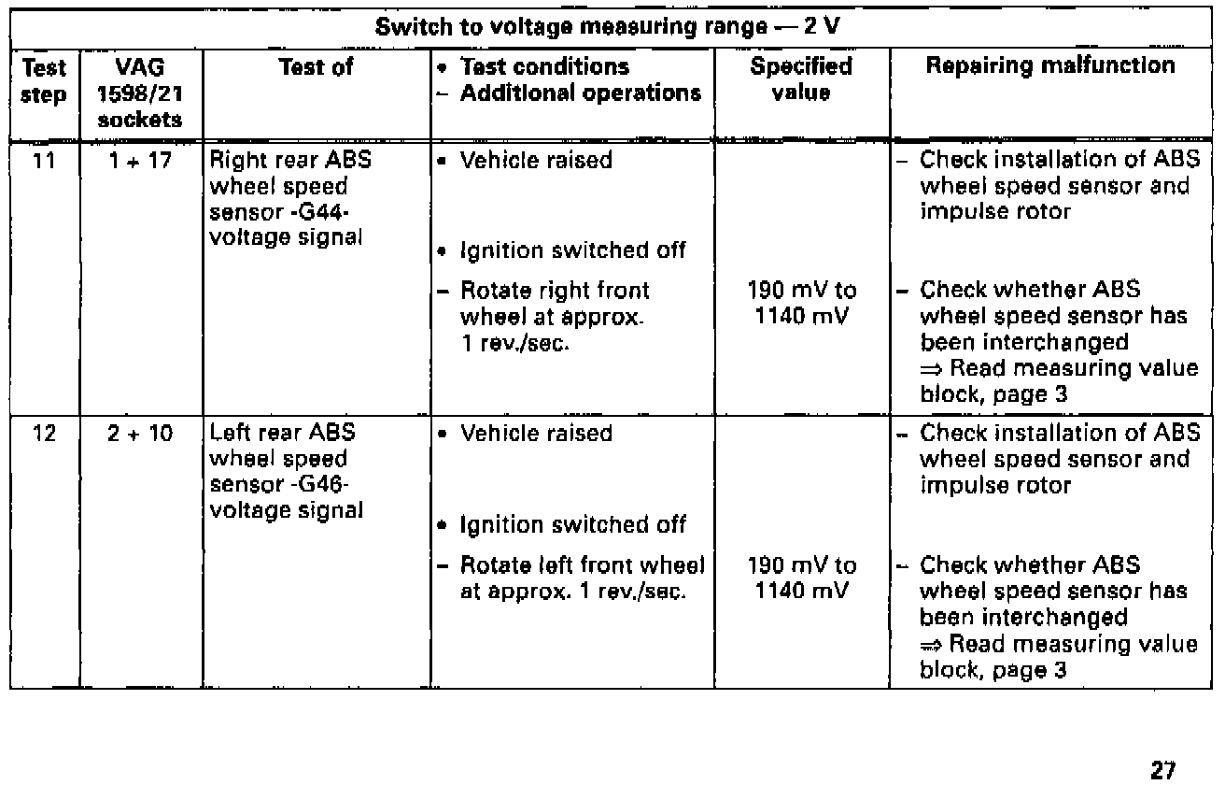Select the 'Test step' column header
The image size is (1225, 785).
point(45,81)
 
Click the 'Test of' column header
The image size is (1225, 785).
point(316,67)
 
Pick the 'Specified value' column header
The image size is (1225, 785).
point(801,80)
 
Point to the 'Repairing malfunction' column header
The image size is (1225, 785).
point(1050,67)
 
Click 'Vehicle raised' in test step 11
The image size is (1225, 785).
point(537,161)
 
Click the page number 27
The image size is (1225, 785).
point(1162,744)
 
